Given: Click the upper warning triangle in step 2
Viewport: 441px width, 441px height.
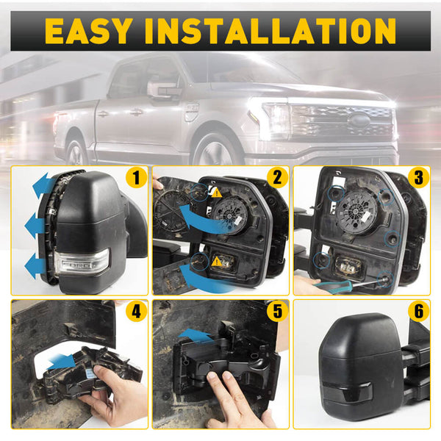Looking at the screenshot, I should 217,193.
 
